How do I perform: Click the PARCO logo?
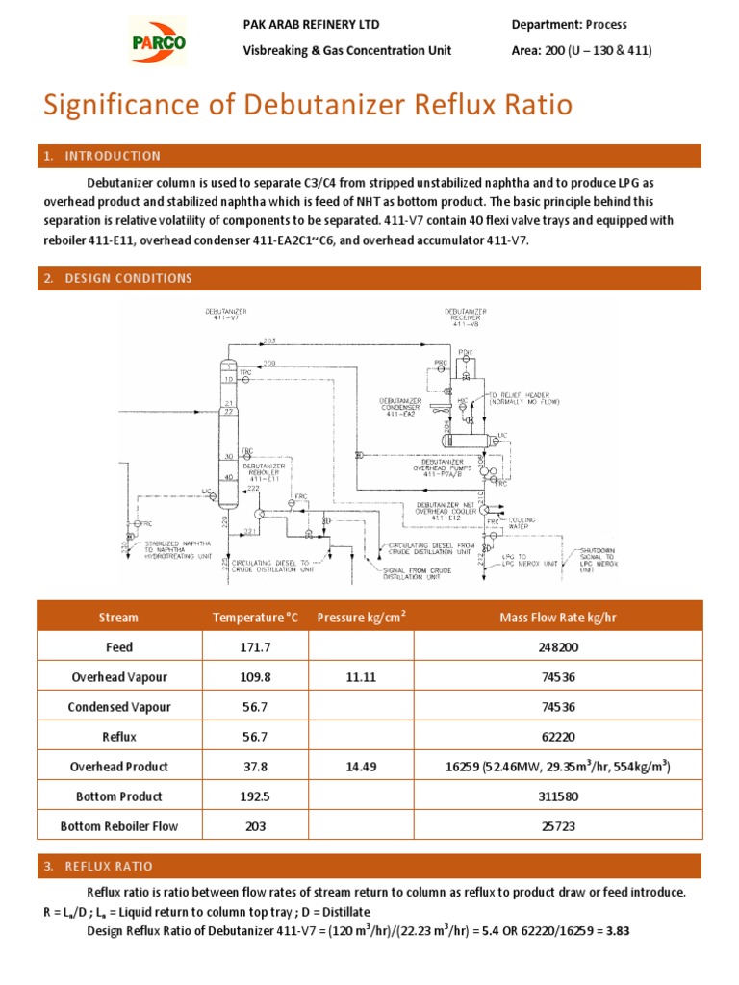[x=158, y=42]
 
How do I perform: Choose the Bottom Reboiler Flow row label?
[x=119, y=826]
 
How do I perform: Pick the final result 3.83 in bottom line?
[x=616, y=931]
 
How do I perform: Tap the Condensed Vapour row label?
[x=119, y=707]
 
